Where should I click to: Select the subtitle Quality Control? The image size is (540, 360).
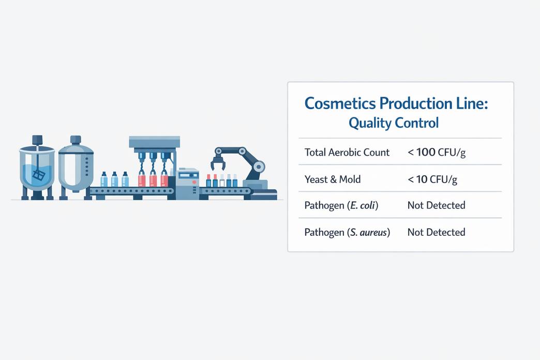coord(393,123)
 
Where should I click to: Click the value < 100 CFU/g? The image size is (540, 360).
coord(436,153)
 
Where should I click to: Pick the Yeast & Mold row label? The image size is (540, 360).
coord(333,179)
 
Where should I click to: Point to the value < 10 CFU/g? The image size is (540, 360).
coord(432,179)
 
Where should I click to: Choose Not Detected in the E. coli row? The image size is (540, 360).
coord(436,205)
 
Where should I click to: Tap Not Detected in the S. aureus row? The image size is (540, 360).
coord(436,232)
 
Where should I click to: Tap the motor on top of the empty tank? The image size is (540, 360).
coord(76,139)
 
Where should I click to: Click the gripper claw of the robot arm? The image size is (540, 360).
coord(218,163)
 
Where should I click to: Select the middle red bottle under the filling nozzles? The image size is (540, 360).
coord(153,179)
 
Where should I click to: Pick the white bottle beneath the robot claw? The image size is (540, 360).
coord(222,181)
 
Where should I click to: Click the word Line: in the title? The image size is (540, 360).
coord(470,103)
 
